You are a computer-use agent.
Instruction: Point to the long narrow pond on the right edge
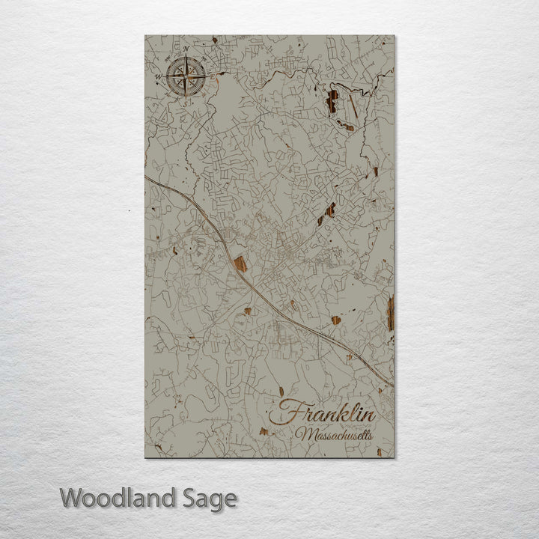click(x=390, y=311)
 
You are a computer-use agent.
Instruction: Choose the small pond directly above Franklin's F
click(x=281, y=391)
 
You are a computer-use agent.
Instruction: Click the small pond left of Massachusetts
click(x=264, y=431)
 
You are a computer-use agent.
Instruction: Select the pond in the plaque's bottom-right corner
click(x=380, y=451)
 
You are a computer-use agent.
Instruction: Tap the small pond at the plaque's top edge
click(x=214, y=40)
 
